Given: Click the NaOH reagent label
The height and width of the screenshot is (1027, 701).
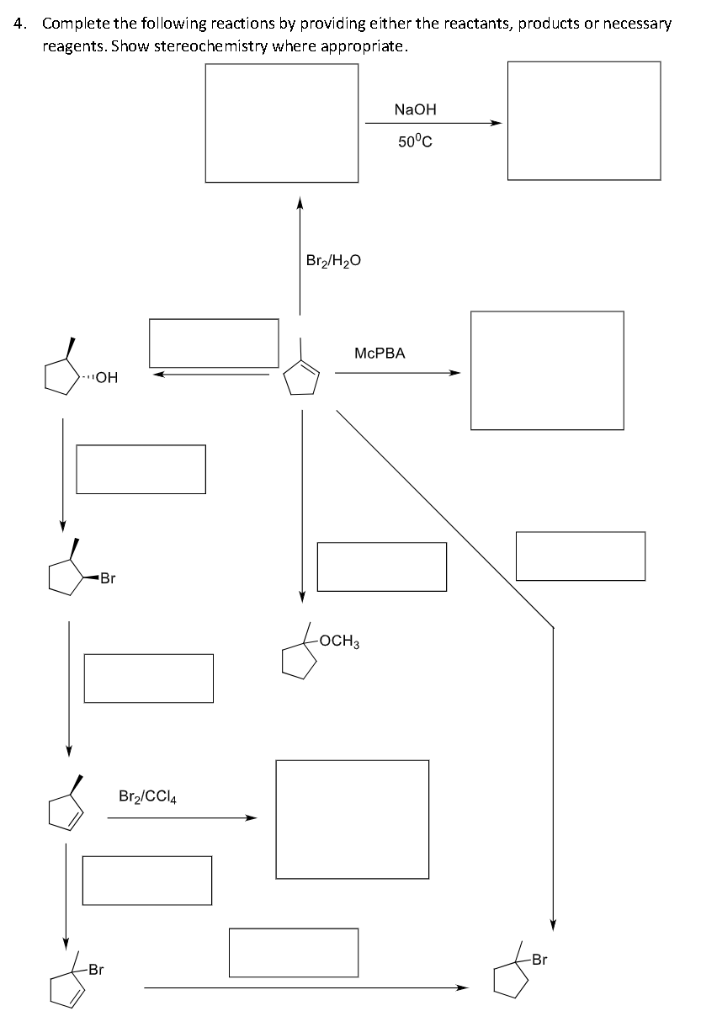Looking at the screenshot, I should [x=415, y=109].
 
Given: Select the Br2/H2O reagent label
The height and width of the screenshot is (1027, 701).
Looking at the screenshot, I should [x=333, y=261].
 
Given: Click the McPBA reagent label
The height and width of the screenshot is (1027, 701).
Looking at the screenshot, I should [x=380, y=354].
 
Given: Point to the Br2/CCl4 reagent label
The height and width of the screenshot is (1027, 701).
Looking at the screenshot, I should [x=152, y=796].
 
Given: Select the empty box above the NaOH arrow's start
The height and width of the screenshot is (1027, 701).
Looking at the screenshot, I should [x=282, y=123].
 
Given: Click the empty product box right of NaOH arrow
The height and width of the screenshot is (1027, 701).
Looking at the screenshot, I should [x=583, y=121].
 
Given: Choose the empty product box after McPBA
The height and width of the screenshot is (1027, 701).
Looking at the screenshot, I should [x=547, y=370].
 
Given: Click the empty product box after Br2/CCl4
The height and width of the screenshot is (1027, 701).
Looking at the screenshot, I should [x=352, y=819].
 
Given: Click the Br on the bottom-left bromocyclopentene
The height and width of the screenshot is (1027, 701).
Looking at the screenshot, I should [x=96, y=970].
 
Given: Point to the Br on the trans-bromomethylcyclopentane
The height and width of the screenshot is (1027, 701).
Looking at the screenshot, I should [x=107, y=578].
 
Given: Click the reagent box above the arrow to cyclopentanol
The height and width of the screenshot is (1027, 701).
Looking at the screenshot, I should [x=214, y=343].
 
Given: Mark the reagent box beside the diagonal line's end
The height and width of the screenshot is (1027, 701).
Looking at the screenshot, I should [x=580, y=556].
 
